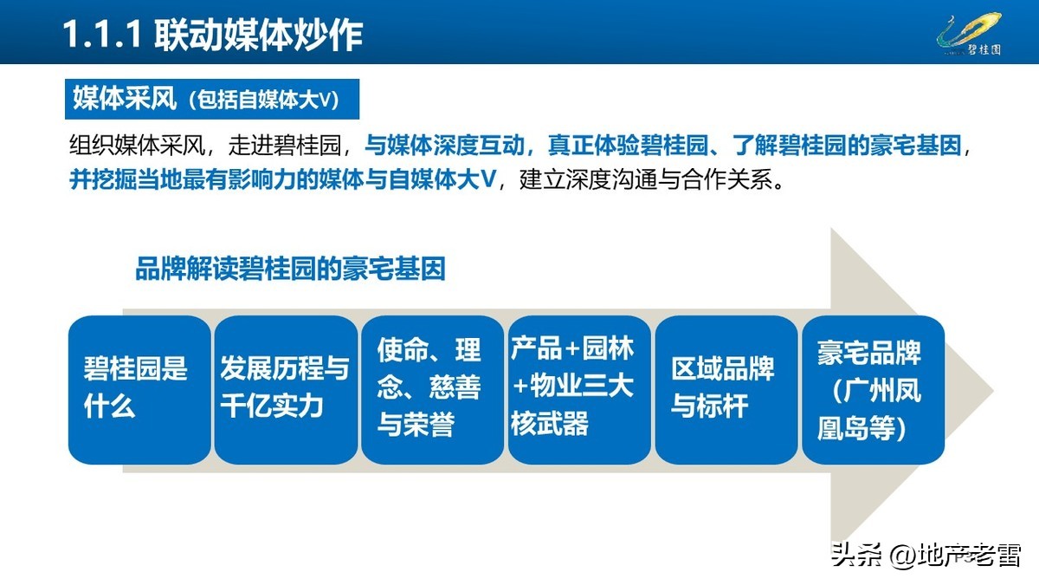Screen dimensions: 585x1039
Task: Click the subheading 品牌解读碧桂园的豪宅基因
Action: [x=290, y=269]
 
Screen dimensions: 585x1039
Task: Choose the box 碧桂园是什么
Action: [x=139, y=389]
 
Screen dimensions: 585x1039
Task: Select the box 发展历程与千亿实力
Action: [x=286, y=389]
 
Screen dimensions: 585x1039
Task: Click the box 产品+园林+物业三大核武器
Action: [x=578, y=389]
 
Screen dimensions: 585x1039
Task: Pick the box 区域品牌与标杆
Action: [x=726, y=389]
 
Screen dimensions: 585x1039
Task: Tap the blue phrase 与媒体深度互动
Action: [x=442, y=146]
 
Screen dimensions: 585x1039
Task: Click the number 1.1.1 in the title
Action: [x=102, y=35]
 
